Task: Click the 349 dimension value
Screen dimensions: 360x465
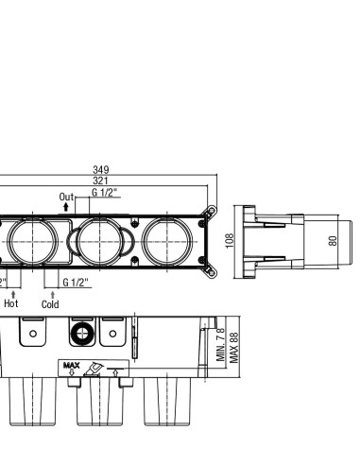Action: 101,170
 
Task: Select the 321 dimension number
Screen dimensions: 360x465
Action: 100,181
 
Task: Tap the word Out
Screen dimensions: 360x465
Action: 66,197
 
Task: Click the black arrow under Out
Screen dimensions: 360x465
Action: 66,207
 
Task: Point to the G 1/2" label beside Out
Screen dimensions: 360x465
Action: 105,192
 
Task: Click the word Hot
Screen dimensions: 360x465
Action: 11,303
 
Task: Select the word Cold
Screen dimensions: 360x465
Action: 50,304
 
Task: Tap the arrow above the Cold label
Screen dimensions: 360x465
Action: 53,295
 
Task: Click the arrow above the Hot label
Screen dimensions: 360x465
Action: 13,295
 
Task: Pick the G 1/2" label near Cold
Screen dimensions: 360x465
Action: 76,283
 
